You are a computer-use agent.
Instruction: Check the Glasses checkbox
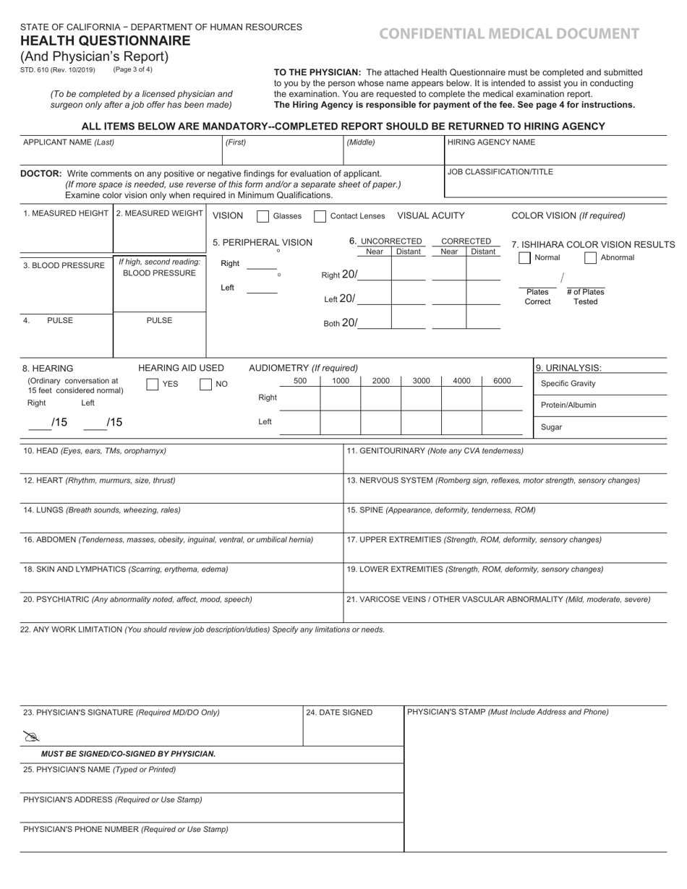(263, 216)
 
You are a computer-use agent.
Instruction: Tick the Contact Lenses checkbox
(320, 216)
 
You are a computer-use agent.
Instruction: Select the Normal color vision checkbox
(525, 258)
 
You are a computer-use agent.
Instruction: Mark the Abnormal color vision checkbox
(590, 258)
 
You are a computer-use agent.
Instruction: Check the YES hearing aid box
(153, 385)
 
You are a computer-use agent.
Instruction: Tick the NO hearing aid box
(206, 385)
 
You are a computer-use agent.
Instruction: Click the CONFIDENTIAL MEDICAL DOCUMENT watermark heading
(509, 33)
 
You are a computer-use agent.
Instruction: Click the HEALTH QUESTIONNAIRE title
(106, 41)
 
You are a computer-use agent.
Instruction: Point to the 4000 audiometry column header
(461, 381)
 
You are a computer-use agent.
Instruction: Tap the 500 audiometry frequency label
(300, 381)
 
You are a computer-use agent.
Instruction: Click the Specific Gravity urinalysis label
(568, 384)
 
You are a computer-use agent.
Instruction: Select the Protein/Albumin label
(568, 405)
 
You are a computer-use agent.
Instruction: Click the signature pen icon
(30, 736)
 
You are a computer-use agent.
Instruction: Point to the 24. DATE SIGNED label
(339, 713)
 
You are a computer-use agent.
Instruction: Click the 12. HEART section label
(43, 480)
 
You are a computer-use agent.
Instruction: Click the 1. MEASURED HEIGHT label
(66, 213)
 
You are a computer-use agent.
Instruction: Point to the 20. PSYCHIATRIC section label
(72, 599)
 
